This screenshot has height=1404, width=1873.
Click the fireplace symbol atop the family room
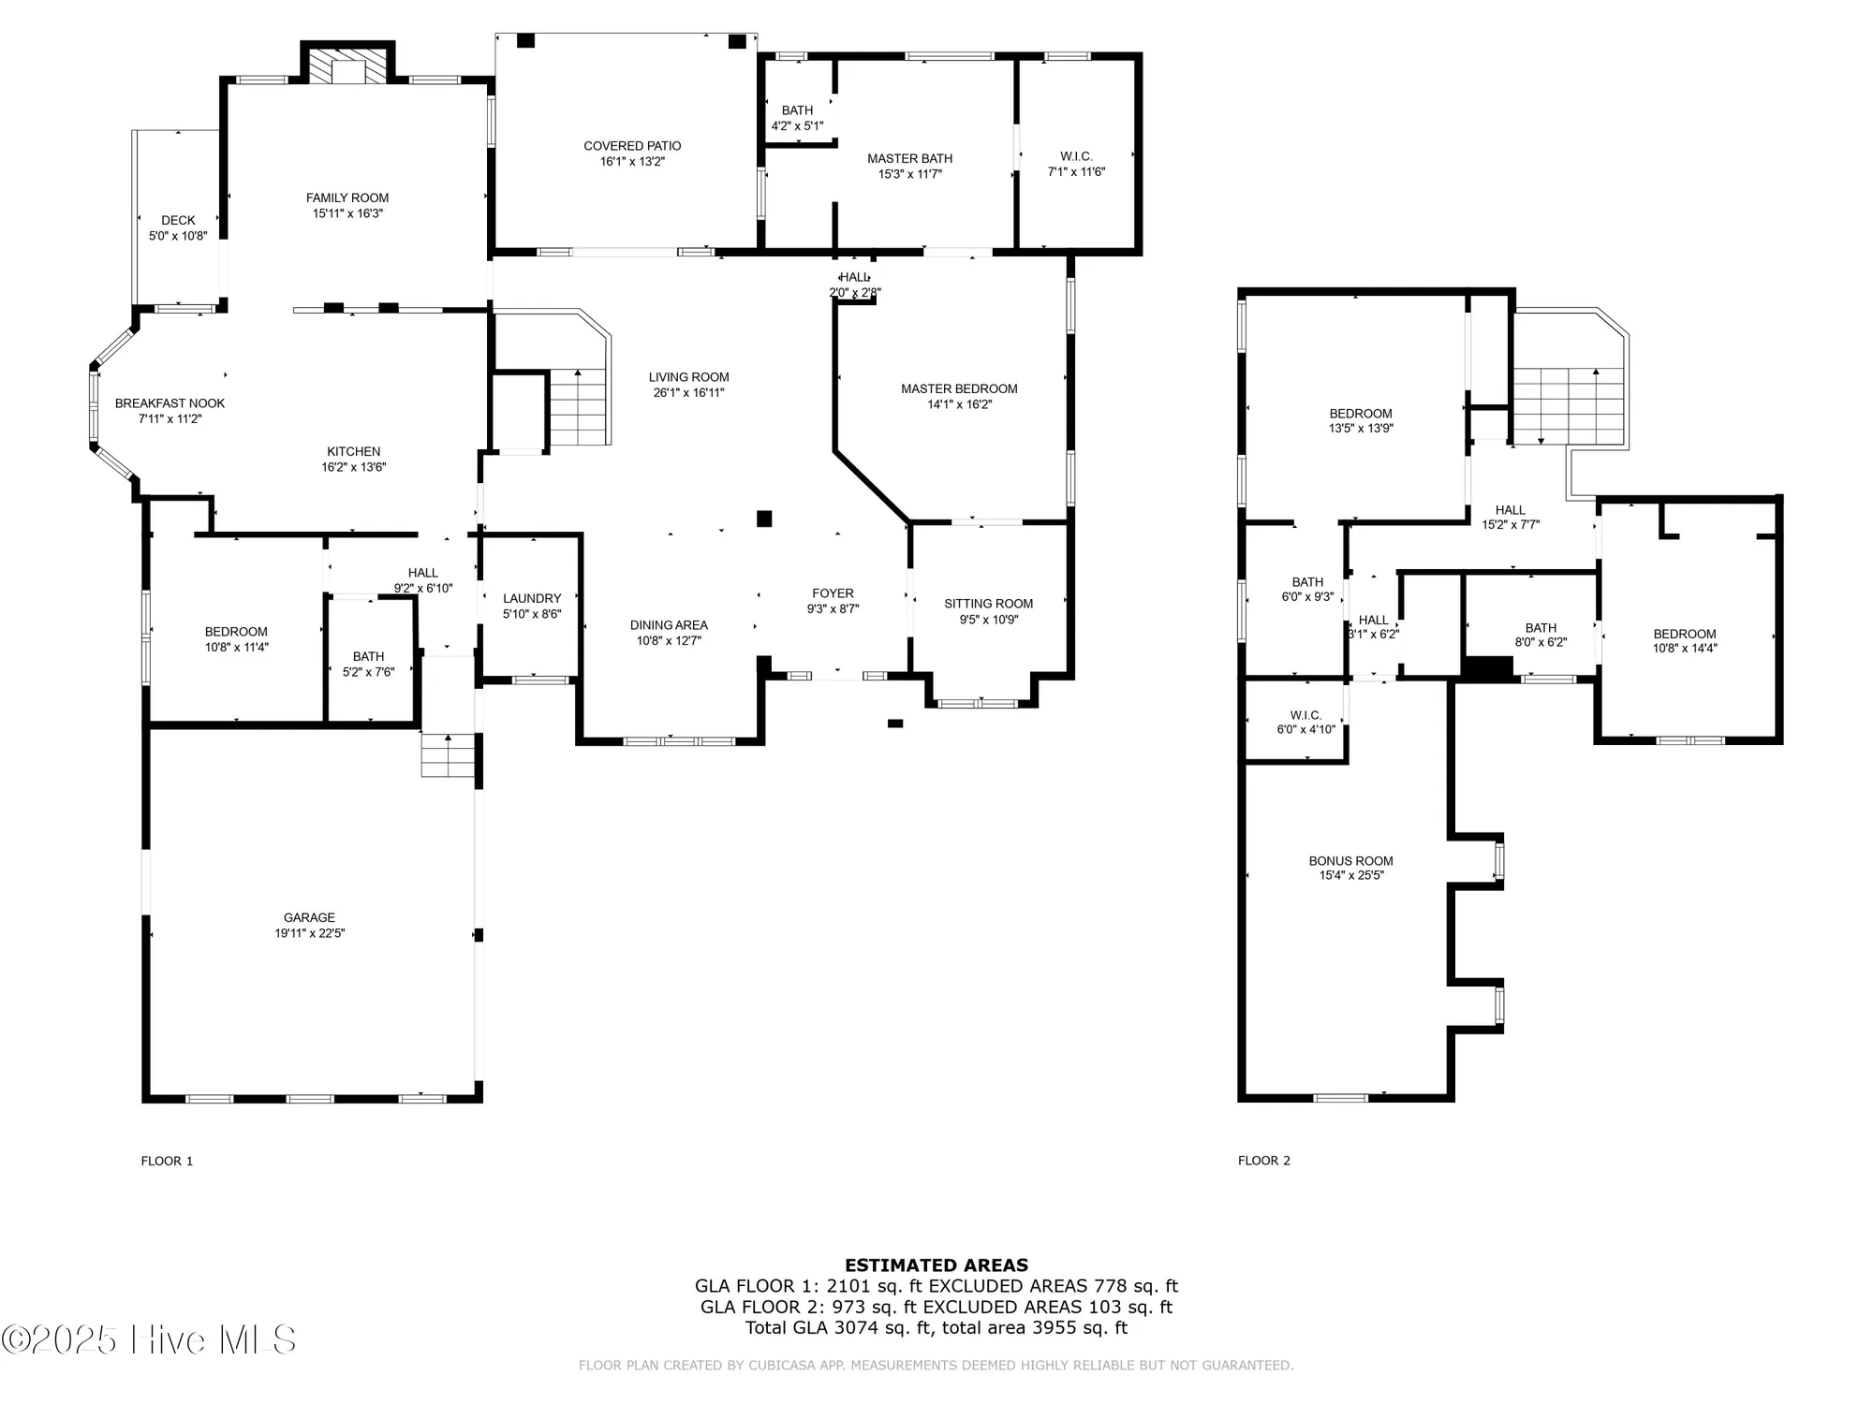pos(347,66)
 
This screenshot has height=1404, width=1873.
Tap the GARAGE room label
pos(309,917)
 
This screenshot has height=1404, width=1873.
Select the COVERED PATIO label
pos(632,146)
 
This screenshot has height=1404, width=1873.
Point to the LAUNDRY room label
pos(532,598)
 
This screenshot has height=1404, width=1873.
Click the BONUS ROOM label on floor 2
pos(1350,860)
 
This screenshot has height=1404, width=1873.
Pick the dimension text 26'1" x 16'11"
pos(688,393)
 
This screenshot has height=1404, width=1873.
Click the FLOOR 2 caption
pos(1263,1161)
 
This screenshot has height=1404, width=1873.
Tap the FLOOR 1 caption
pos(167,1161)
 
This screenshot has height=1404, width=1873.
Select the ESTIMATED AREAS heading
pos(936,1265)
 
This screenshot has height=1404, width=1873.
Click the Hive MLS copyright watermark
pos(150,1339)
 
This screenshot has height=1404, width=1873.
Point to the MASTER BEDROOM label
pos(959,388)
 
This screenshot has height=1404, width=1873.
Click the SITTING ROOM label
pos(988,604)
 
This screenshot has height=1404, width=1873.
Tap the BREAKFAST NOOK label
pos(170,403)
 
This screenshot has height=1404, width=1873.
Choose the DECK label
pos(178,221)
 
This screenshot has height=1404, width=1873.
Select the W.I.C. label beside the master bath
pos(1076,156)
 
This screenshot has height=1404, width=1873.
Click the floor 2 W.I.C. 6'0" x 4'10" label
pos(1305,722)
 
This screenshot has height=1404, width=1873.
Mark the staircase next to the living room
pos(579,407)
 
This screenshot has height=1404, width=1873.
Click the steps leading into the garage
pos(449,755)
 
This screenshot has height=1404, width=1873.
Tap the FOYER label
pos(833,593)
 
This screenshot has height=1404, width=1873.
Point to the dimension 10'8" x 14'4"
pos(1685,648)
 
